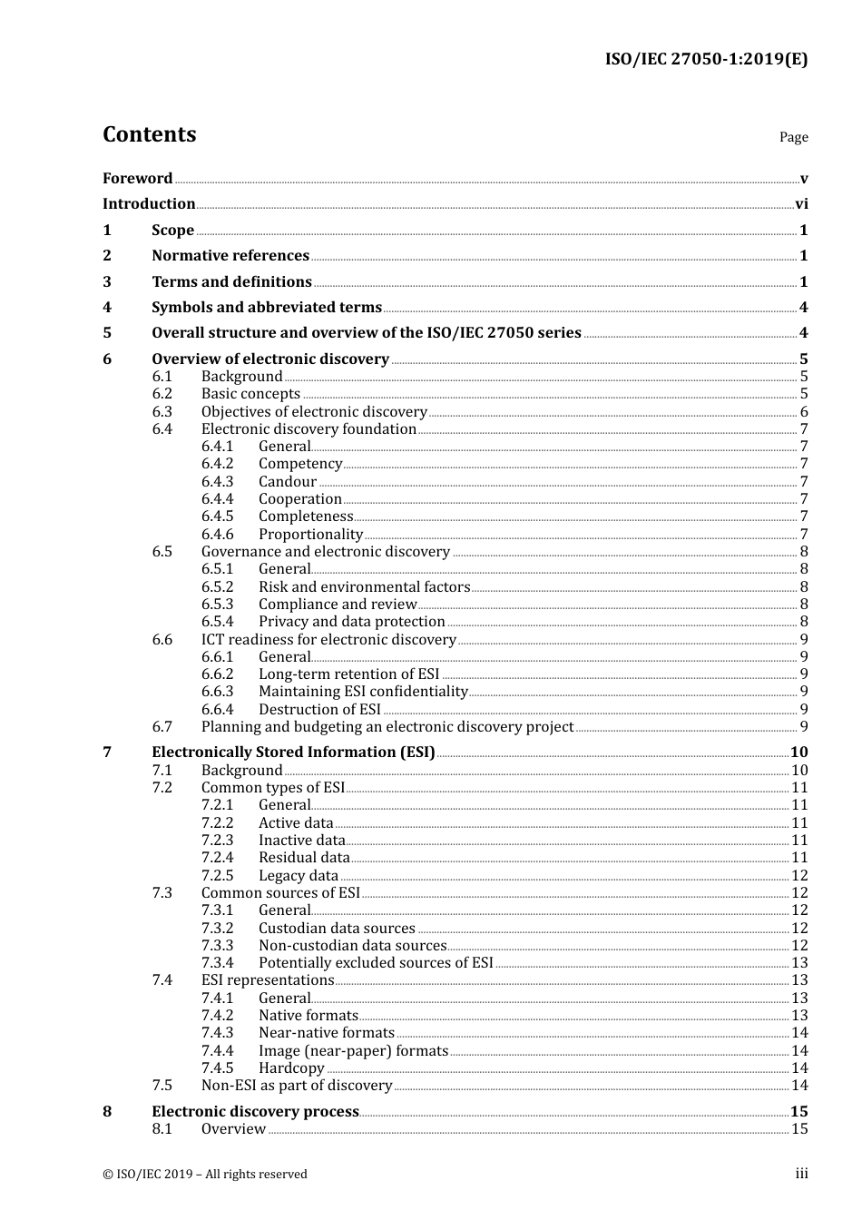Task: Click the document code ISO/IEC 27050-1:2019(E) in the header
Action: [706, 59]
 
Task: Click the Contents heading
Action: [149, 134]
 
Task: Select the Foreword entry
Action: [137, 178]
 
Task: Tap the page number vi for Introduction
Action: [801, 204]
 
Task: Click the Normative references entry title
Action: [230, 256]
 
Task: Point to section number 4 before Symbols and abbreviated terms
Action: [107, 308]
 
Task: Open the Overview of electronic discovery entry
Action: [269, 359]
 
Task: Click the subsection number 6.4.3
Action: [217, 482]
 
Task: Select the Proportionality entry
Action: [310, 535]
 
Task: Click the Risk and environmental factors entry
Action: [364, 587]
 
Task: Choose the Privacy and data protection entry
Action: [351, 622]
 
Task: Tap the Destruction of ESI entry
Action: [319, 710]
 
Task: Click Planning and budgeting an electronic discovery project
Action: [387, 727]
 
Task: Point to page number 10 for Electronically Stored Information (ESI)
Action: [798, 753]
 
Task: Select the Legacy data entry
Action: [299, 876]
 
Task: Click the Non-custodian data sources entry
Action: [352, 946]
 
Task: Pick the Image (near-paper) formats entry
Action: [353, 1051]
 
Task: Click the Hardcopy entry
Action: [291, 1068]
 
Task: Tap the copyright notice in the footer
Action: [205, 1175]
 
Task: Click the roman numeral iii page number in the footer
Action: [801, 1174]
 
